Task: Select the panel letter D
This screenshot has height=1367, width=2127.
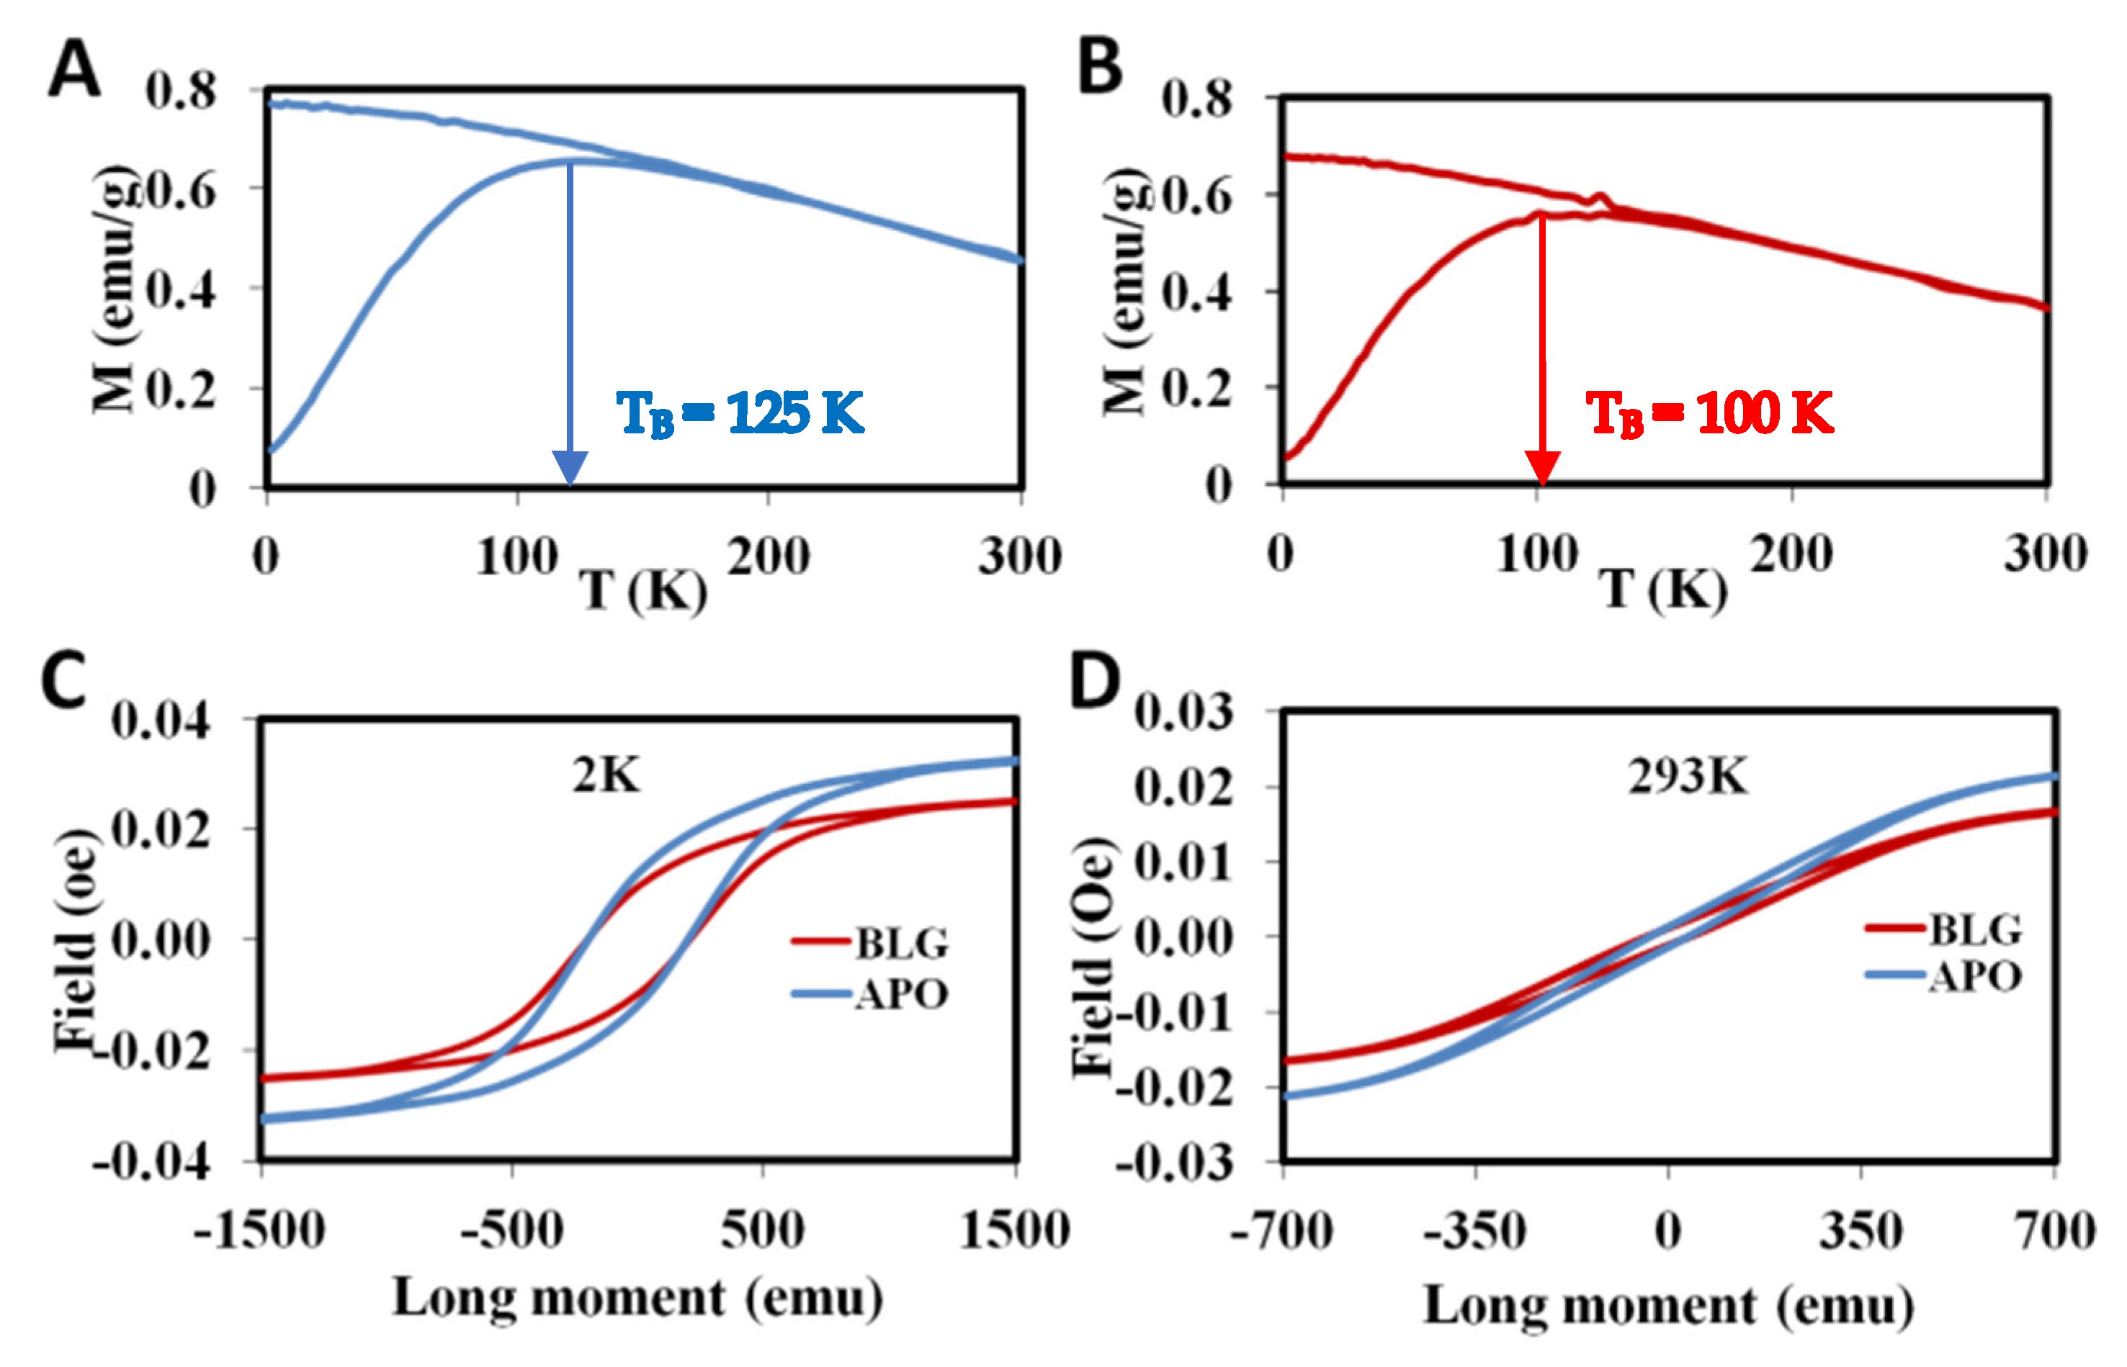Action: click(x=1094, y=680)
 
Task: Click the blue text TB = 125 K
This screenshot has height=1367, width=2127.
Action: click(x=740, y=414)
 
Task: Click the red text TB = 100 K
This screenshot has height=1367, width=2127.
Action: click(x=1709, y=414)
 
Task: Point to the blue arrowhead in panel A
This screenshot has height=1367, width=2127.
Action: click(x=569, y=467)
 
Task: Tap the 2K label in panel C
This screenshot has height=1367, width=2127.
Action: click(x=606, y=776)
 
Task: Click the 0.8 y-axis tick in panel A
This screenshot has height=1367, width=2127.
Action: click(x=182, y=91)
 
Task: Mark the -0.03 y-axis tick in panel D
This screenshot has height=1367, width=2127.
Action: click(x=1174, y=1162)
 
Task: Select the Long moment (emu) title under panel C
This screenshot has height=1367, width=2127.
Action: click(x=637, y=1299)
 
